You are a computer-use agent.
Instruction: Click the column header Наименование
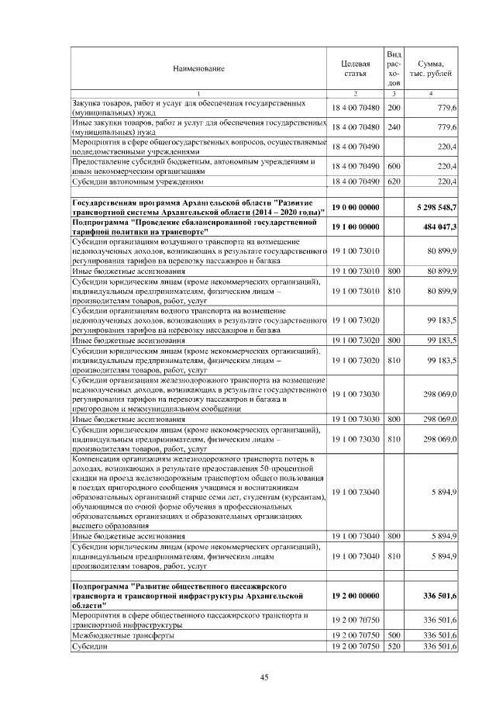[x=199, y=68]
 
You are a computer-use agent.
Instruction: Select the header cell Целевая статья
[x=355, y=68]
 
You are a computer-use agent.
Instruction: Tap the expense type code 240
[x=394, y=126]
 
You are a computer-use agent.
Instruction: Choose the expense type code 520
[x=394, y=645]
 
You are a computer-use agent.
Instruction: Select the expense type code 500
[x=394, y=635]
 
